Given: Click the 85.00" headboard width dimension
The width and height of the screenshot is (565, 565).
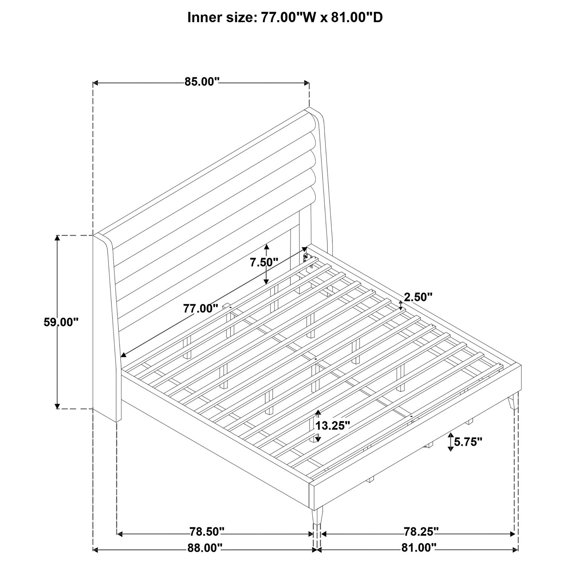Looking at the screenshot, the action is [202, 82].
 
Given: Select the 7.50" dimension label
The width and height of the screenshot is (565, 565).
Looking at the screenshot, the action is [264, 262].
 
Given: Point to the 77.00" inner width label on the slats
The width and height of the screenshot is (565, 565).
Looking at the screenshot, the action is [201, 308].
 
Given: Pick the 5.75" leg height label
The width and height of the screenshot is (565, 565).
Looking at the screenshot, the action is [468, 442].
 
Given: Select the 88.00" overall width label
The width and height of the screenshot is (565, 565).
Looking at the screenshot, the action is [205, 548].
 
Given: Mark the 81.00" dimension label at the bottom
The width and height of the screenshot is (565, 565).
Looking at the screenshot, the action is [418, 548].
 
